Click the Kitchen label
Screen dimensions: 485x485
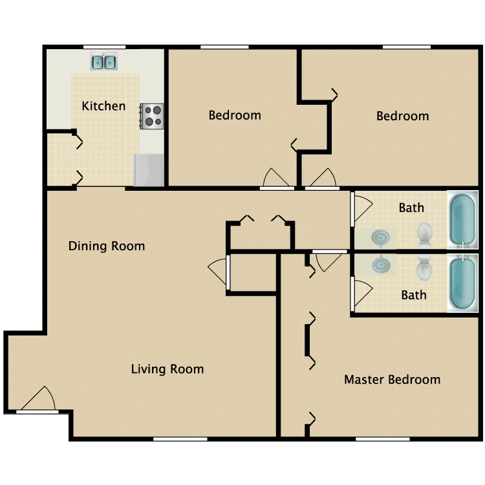[103, 106]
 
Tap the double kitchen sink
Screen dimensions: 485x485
[103, 61]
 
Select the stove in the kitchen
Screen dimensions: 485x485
[151, 116]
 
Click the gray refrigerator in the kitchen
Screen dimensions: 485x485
[149, 170]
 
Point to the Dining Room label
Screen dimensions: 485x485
[107, 246]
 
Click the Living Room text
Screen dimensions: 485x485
[167, 369]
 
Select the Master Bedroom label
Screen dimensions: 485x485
[393, 380]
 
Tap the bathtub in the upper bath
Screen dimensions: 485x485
[463, 220]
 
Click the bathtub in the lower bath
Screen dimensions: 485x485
[463, 283]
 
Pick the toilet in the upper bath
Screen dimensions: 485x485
[424, 235]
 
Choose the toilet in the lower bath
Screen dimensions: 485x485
[424, 267]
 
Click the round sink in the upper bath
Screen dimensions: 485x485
[380, 238]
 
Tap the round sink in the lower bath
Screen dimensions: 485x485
[381, 264]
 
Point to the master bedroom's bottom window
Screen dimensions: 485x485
[383, 439]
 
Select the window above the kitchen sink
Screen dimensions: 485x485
[105, 47]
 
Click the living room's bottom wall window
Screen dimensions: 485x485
[180, 439]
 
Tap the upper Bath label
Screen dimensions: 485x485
[411, 208]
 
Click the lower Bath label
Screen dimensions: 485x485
[414, 295]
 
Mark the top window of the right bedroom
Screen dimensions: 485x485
[407, 47]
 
